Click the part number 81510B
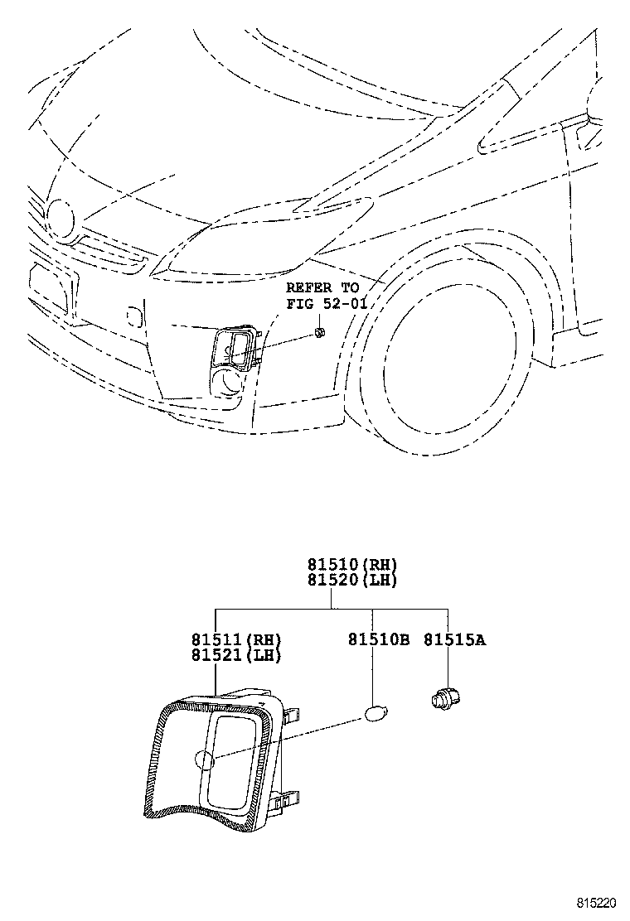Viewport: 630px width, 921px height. tap(379, 639)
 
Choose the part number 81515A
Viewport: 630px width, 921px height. tap(455, 639)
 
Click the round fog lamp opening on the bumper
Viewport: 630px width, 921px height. tap(228, 382)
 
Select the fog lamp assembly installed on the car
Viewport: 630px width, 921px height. tap(235, 348)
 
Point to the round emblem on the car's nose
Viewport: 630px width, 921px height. tap(61, 215)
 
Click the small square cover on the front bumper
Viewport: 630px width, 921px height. tap(133, 316)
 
